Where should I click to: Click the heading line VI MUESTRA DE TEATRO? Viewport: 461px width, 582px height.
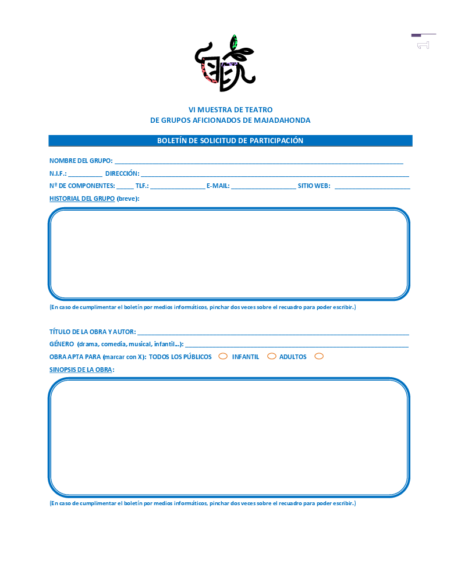(230, 110)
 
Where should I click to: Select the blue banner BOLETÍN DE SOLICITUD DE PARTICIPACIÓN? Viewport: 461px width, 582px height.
(230, 141)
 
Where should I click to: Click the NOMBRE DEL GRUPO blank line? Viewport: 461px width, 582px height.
(258, 162)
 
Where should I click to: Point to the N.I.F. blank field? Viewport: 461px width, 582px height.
(85, 174)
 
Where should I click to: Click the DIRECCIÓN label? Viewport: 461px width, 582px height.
(122, 173)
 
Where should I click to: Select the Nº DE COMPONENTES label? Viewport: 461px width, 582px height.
(82, 186)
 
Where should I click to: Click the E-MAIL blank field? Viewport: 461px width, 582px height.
(263, 187)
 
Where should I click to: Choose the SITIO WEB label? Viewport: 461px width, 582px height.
(314, 186)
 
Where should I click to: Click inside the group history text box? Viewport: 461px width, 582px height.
(229, 254)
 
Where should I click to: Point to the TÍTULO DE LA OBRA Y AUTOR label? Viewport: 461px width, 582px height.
(93, 332)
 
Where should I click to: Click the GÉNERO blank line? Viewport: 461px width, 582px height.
(296, 345)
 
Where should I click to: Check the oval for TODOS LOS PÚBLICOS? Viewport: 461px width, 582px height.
(223, 356)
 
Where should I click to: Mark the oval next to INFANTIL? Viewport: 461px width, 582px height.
(271, 356)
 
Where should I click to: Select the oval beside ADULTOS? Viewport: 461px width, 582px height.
(319, 356)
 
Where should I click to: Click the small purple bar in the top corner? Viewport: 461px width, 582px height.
(416, 36)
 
